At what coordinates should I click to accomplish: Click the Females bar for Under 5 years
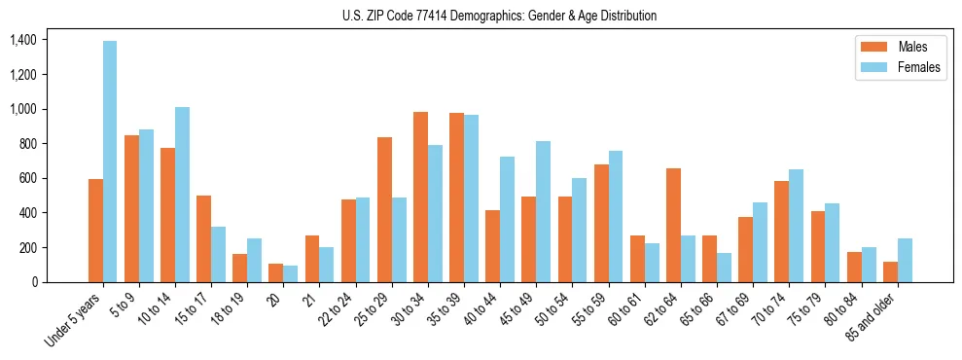coord(110,162)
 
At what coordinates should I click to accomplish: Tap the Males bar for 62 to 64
coord(673,225)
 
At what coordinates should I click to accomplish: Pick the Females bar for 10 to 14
coord(183,195)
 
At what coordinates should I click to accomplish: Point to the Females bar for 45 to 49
coord(543,211)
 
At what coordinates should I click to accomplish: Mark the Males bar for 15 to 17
coord(204,238)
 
